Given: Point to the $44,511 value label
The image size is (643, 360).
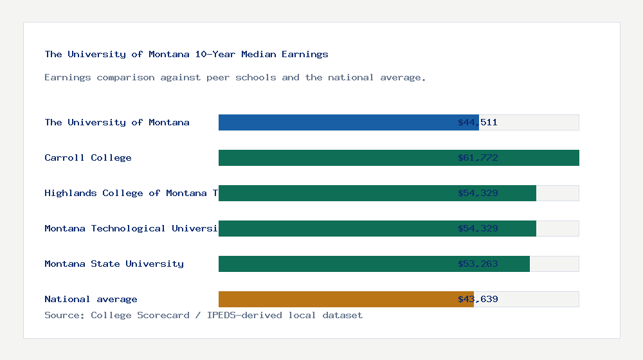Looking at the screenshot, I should tap(478, 122).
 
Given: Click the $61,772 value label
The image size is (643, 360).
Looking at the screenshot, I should tap(478, 157).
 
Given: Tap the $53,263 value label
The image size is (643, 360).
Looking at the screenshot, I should tap(478, 264).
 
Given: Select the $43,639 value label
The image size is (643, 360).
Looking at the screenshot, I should tap(478, 299).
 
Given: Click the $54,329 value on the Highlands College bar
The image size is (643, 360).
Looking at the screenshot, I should tap(478, 193).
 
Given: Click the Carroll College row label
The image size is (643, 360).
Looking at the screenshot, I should tap(88, 157).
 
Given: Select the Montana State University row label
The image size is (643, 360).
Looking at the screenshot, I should tap(114, 264).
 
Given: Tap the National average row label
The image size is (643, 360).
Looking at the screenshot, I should tap(91, 299).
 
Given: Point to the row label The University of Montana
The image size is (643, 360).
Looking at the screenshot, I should tap(117, 122).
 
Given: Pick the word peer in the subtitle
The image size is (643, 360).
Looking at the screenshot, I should tap(218, 77).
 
